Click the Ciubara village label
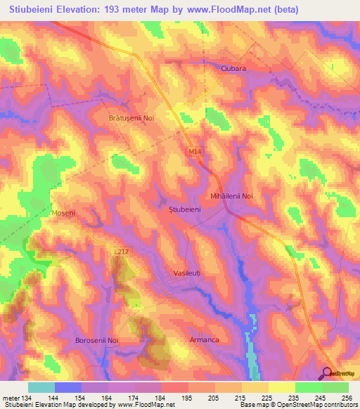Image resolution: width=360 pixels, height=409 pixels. [232, 69]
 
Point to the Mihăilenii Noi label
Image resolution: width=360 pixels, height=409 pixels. [231, 196]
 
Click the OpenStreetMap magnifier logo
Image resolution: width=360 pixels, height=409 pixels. [327, 374]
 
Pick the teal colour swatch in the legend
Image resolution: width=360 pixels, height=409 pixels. [41, 387]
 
